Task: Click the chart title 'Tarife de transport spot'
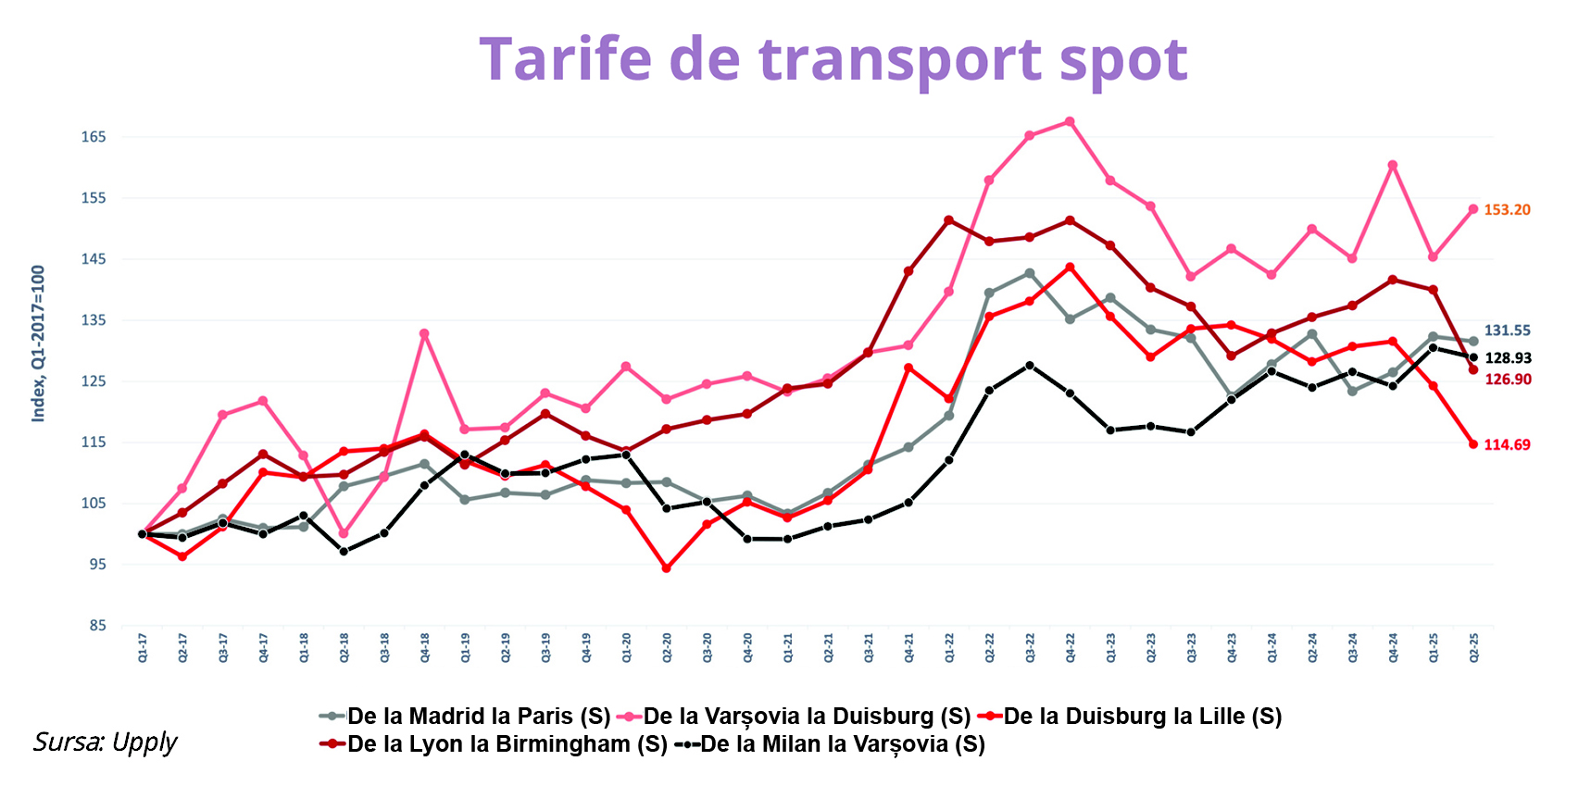click(x=833, y=59)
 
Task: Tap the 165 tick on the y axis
click(x=94, y=137)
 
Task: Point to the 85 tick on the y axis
click(x=97, y=626)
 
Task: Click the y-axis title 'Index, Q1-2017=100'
click(x=38, y=343)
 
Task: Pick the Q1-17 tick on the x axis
click(x=143, y=648)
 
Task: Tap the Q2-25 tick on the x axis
click(x=1473, y=648)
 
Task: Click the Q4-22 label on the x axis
click(x=1070, y=648)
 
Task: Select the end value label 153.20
click(x=1507, y=210)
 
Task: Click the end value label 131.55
click(x=1507, y=331)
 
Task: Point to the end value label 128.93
click(x=1508, y=358)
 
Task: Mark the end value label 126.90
click(x=1508, y=380)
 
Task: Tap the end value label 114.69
click(x=1507, y=445)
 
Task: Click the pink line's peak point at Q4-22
click(x=1070, y=121)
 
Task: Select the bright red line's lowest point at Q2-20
click(x=666, y=568)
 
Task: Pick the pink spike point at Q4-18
click(x=424, y=334)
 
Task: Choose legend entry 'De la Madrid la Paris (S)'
click(x=465, y=717)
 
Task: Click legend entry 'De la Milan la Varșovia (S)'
click(x=830, y=744)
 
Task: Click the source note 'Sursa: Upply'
click(x=105, y=742)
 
